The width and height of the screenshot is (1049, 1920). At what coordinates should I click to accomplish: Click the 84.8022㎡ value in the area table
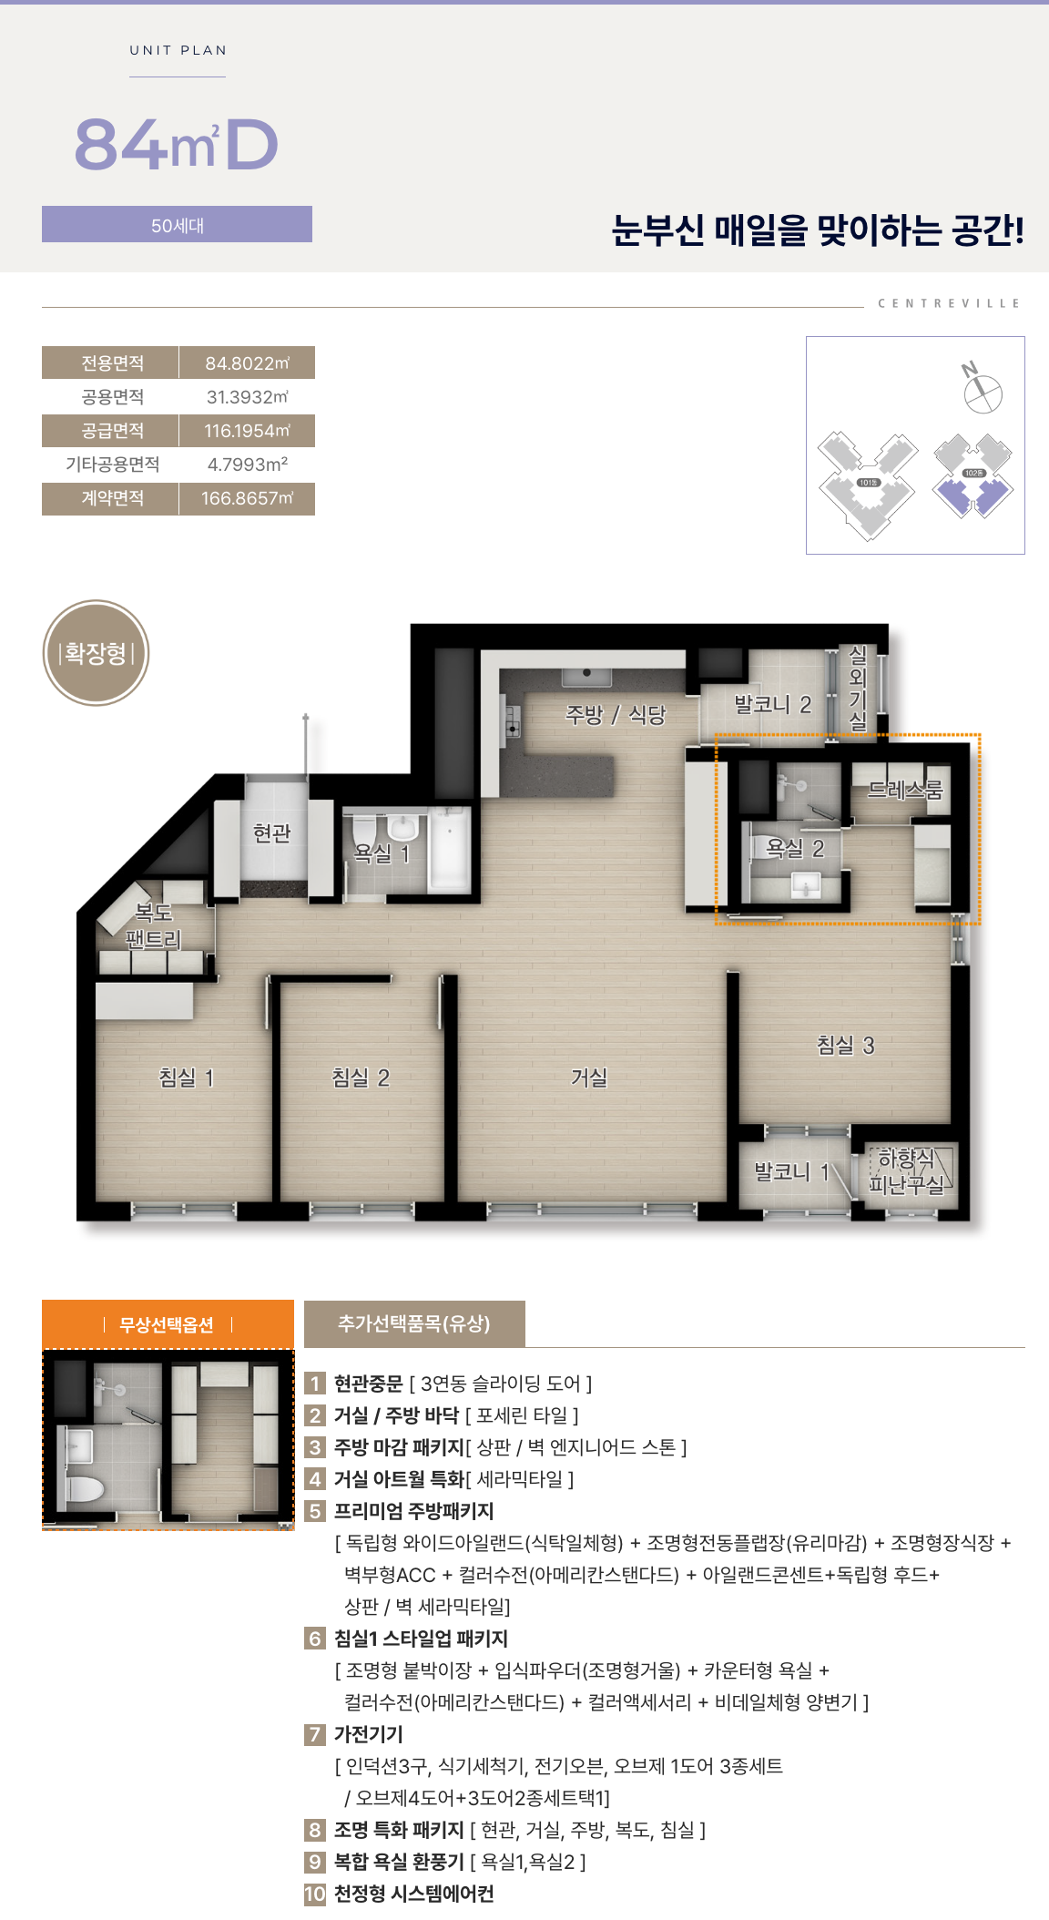[247, 363]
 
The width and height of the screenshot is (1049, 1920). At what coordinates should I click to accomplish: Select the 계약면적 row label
[112, 498]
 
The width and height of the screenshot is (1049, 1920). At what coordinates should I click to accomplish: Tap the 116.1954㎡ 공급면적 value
[247, 431]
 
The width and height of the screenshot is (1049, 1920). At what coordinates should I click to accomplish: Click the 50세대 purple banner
[177, 224]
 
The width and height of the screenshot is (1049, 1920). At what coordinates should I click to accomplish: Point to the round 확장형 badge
[96, 653]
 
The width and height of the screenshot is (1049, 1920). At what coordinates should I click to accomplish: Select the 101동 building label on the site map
[868, 483]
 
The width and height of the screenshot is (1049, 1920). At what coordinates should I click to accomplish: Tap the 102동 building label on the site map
[973, 474]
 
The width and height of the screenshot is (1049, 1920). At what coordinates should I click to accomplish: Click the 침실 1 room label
[187, 1077]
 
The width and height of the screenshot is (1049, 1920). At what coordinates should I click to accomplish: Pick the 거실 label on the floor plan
[589, 1077]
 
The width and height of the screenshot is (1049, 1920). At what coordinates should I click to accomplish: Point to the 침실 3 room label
[846, 1045]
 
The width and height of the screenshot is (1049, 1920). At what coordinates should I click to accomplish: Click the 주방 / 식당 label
[616, 715]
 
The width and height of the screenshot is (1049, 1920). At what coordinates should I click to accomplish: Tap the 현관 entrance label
[272, 832]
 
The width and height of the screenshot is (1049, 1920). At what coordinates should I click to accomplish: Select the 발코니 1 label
[792, 1172]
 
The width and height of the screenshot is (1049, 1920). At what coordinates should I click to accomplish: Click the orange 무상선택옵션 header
[168, 1323]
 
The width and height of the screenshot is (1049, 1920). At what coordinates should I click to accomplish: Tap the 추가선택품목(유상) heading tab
[414, 1323]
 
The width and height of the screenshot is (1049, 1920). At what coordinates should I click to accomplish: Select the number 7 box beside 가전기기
[315, 1734]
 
